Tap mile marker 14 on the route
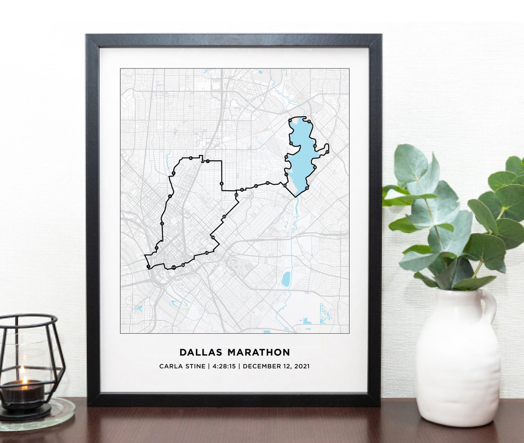[290, 120]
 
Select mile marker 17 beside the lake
[327, 152]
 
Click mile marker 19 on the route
[307, 188]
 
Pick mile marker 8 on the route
[222, 184]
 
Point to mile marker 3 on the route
[162, 223]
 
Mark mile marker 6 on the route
[190, 158]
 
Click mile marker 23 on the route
[224, 216]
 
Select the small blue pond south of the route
[286, 279]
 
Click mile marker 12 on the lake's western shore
[286, 157]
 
